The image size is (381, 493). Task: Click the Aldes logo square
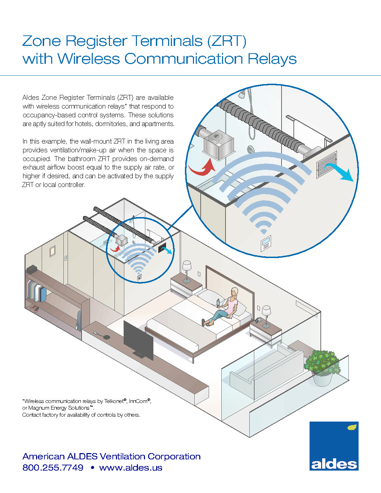coord(334,446)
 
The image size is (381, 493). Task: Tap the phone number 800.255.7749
coord(53,467)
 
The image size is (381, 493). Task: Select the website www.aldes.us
coord(131,467)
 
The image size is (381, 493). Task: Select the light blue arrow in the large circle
coord(339,172)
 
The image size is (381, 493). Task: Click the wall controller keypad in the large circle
coord(266,243)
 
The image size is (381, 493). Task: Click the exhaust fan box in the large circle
coord(218,145)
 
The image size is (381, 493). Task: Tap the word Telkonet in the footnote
coord(114,401)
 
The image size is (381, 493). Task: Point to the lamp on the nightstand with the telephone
coord(266,316)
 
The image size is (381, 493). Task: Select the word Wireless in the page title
coord(89,59)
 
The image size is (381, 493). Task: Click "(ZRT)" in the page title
coord(227,41)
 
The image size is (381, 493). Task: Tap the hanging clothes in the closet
coord(37,291)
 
